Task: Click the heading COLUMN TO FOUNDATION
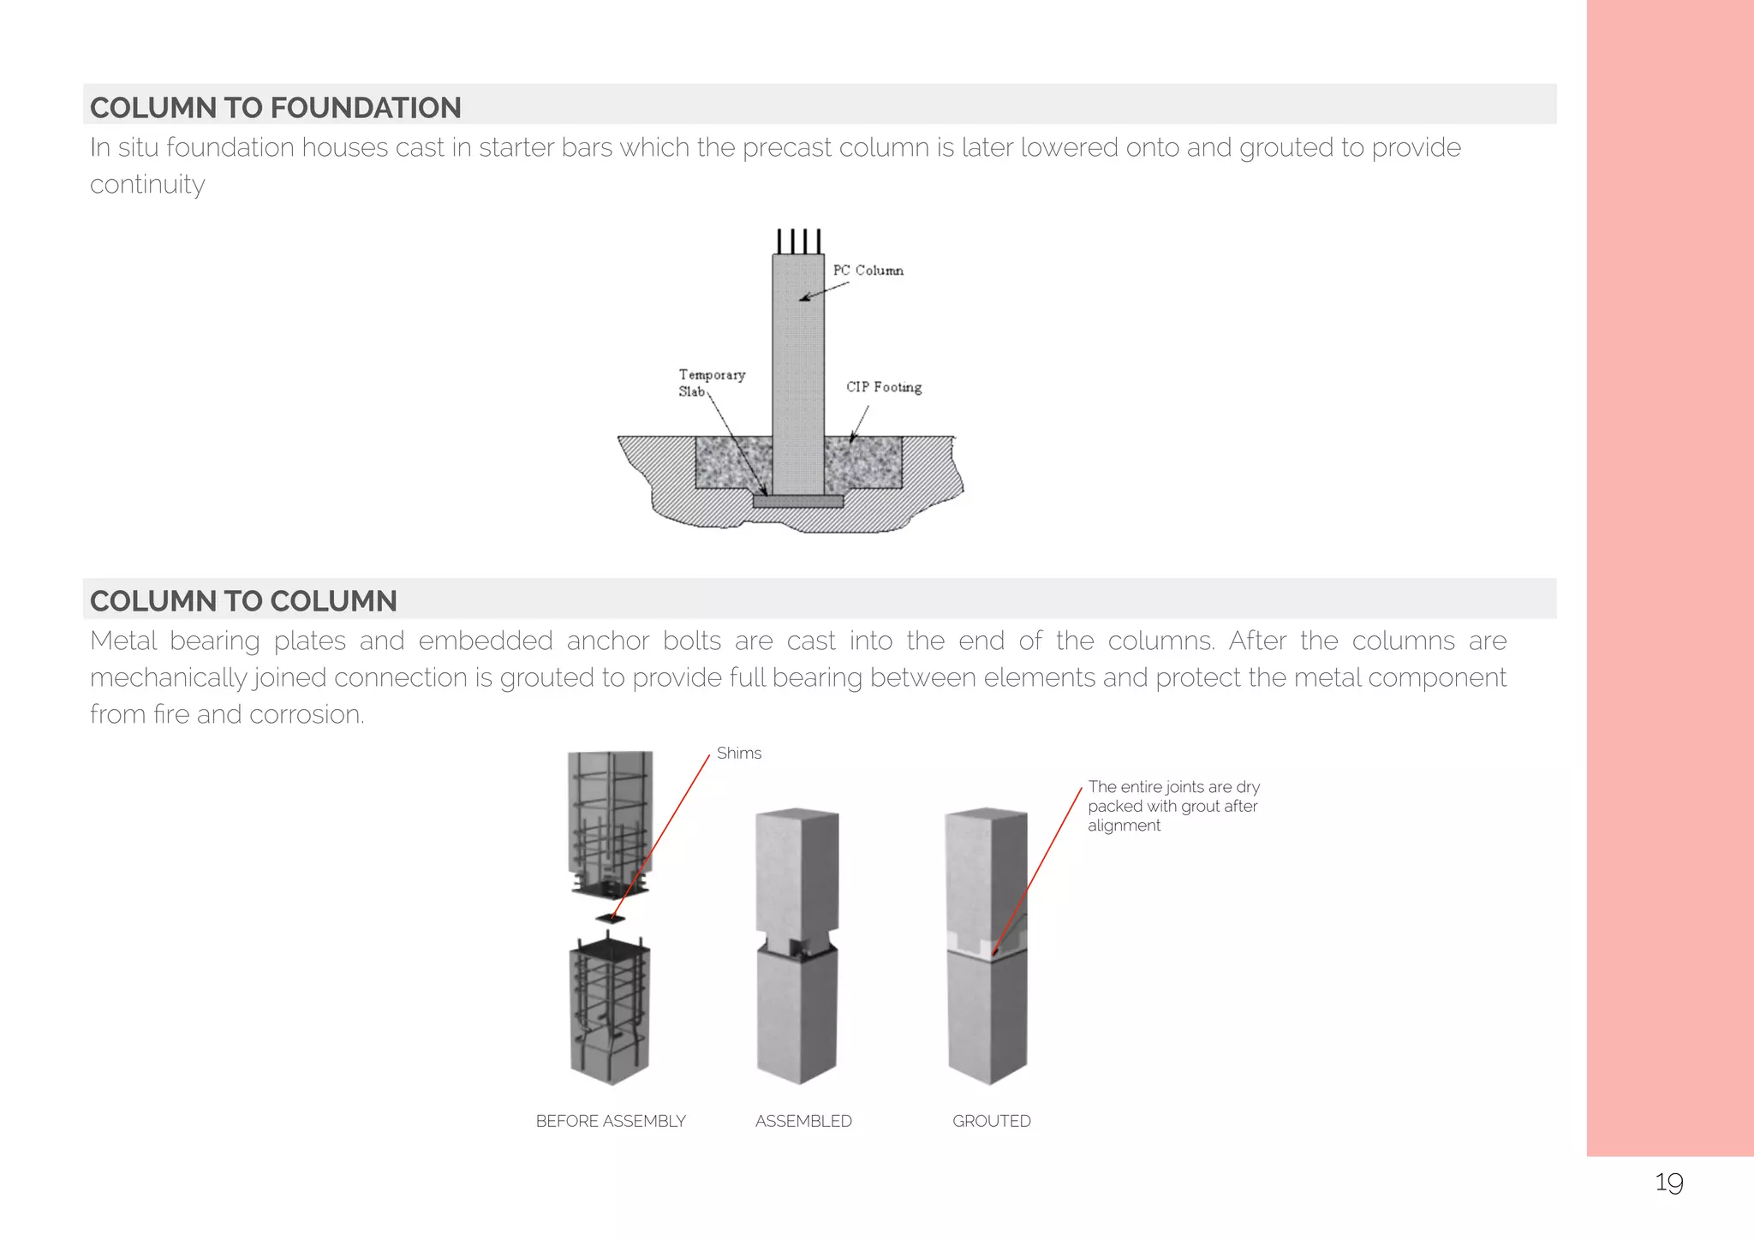[x=275, y=108]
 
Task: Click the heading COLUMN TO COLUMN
[x=243, y=601]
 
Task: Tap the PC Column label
[x=868, y=271]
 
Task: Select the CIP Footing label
[x=884, y=387]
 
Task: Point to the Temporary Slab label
[x=710, y=382]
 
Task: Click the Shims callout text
[x=738, y=754]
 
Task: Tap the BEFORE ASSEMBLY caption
[x=611, y=1121]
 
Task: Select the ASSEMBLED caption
[x=803, y=1121]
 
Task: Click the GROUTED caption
[x=991, y=1121]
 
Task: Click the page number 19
[x=1668, y=1183]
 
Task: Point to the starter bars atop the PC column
[x=798, y=241]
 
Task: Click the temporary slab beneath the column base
[x=798, y=501]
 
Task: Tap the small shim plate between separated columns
[x=610, y=919]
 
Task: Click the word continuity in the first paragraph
[x=147, y=185]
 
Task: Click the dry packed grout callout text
[x=1172, y=806]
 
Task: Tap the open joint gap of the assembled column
[x=796, y=945]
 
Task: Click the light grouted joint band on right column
[x=985, y=945]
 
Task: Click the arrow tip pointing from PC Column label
[x=802, y=300]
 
